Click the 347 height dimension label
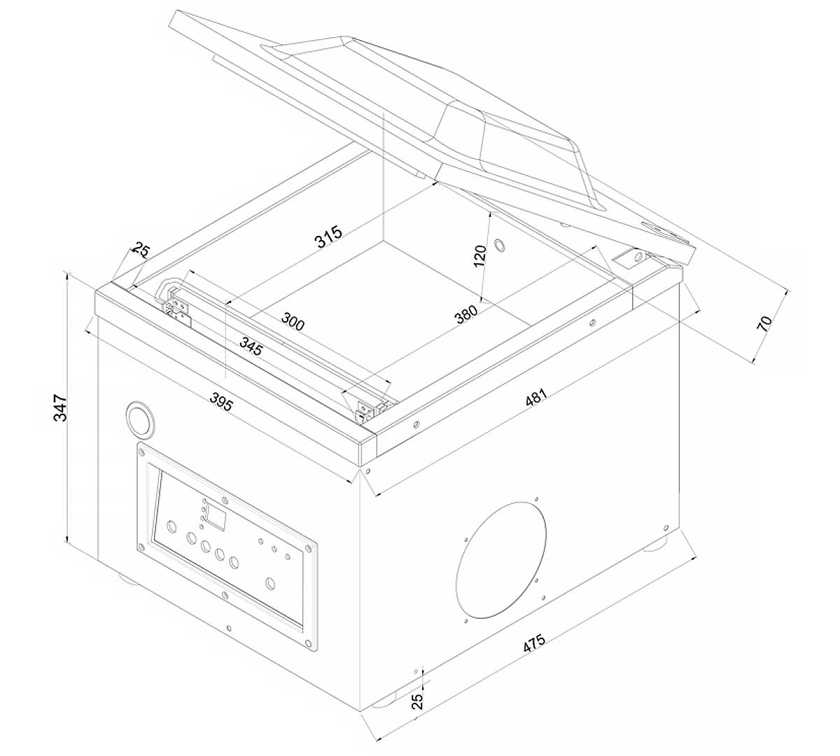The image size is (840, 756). click(x=60, y=407)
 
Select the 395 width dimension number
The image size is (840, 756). click(x=220, y=401)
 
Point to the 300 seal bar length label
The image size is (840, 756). click(x=293, y=321)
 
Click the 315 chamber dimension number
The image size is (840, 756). click(x=328, y=237)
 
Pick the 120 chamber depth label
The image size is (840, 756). click(x=480, y=255)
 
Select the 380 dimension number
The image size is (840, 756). click(x=466, y=314)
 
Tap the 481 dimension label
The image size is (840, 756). click(x=535, y=398)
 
